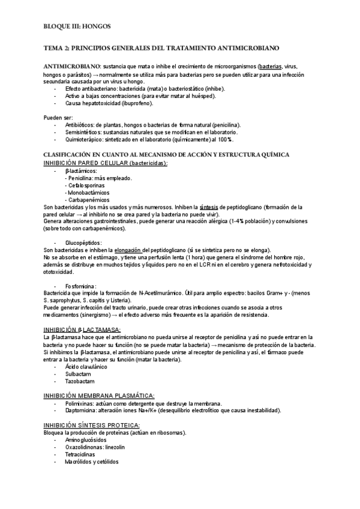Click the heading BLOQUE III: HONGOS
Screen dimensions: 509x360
tap(77, 26)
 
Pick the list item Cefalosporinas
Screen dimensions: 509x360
tap(87, 185)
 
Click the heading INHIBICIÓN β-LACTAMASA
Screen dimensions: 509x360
tap(82, 329)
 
